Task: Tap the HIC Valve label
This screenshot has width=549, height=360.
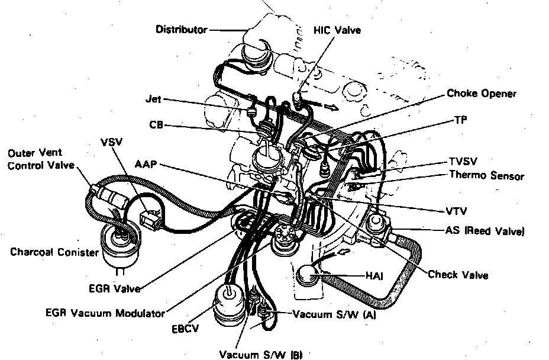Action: click(337, 30)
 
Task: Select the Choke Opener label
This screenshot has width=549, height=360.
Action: click(481, 94)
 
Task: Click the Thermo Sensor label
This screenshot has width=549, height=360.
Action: click(486, 175)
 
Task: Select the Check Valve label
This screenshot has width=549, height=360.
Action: click(458, 275)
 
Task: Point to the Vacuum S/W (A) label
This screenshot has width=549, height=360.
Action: click(334, 315)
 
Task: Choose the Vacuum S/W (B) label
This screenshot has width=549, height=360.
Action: click(261, 355)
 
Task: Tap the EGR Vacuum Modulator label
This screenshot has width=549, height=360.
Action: click(106, 313)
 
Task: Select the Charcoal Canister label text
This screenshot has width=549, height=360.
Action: click(54, 252)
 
